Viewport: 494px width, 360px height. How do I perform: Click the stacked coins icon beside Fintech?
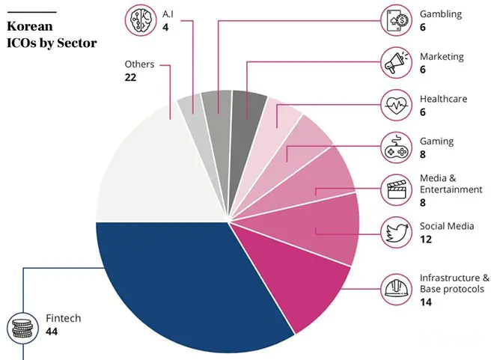click(x=22, y=326)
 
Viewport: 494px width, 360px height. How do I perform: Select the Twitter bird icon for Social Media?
click(x=395, y=232)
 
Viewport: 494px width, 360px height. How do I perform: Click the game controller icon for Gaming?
click(x=395, y=147)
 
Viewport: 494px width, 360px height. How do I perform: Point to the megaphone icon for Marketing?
click(x=395, y=62)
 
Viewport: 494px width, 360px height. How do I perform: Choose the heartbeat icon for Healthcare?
click(x=395, y=105)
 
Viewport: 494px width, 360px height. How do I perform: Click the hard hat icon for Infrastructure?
click(x=395, y=288)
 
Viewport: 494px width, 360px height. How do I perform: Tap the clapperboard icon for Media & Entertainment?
click(x=395, y=189)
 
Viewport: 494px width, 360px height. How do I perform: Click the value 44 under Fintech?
click(x=52, y=332)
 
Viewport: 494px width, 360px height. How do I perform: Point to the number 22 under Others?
click(x=130, y=77)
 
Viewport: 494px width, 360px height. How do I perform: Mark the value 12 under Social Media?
click(x=425, y=239)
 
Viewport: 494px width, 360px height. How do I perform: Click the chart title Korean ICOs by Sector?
click(x=51, y=34)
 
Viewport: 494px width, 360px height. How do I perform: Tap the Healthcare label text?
click(x=443, y=99)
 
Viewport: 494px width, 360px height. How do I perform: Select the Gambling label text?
click(x=441, y=14)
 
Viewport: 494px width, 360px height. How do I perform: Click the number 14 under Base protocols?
click(x=425, y=302)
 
